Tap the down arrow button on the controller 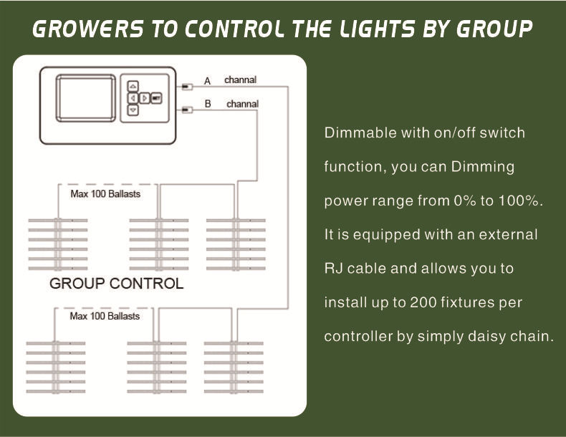[133, 110]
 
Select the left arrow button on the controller [133, 97]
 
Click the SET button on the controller [156, 97]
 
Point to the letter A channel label [207, 80]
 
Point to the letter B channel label [208, 104]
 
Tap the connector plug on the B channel [187, 110]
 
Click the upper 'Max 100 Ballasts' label [105, 194]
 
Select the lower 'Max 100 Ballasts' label [105, 316]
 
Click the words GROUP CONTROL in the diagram [116, 284]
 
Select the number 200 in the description [421, 302]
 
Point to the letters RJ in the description [333, 269]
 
